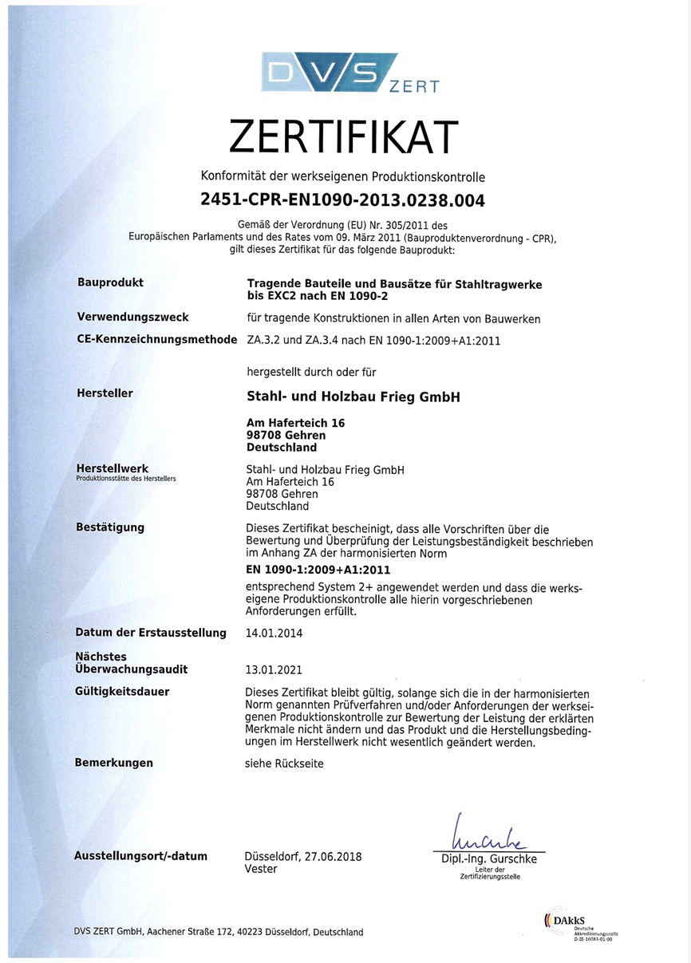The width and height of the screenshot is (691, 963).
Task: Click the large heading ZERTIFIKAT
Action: point(344,136)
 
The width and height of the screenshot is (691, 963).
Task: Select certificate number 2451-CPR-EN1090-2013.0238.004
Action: point(344,199)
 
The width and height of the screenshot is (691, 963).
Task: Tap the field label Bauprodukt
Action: point(110,282)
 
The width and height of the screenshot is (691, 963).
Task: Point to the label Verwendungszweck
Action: point(132,318)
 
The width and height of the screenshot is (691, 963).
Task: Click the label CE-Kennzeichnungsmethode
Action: point(156,339)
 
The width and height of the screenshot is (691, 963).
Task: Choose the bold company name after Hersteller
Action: point(354,397)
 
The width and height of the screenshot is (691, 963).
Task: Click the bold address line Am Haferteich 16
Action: point(296,423)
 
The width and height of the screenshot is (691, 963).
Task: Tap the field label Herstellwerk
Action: point(113,468)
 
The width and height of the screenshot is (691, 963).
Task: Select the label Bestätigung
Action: point(110,527)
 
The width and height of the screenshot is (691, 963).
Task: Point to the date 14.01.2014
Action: point(275,633)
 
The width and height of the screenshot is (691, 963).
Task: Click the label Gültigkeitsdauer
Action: point(122,692)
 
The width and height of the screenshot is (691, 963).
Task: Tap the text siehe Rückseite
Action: point(285,764)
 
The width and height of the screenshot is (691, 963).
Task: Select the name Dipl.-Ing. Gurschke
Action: point(489,859)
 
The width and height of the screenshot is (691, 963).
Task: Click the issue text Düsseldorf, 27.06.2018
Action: point(303,857)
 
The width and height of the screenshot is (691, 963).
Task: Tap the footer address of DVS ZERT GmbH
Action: point(219,932)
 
